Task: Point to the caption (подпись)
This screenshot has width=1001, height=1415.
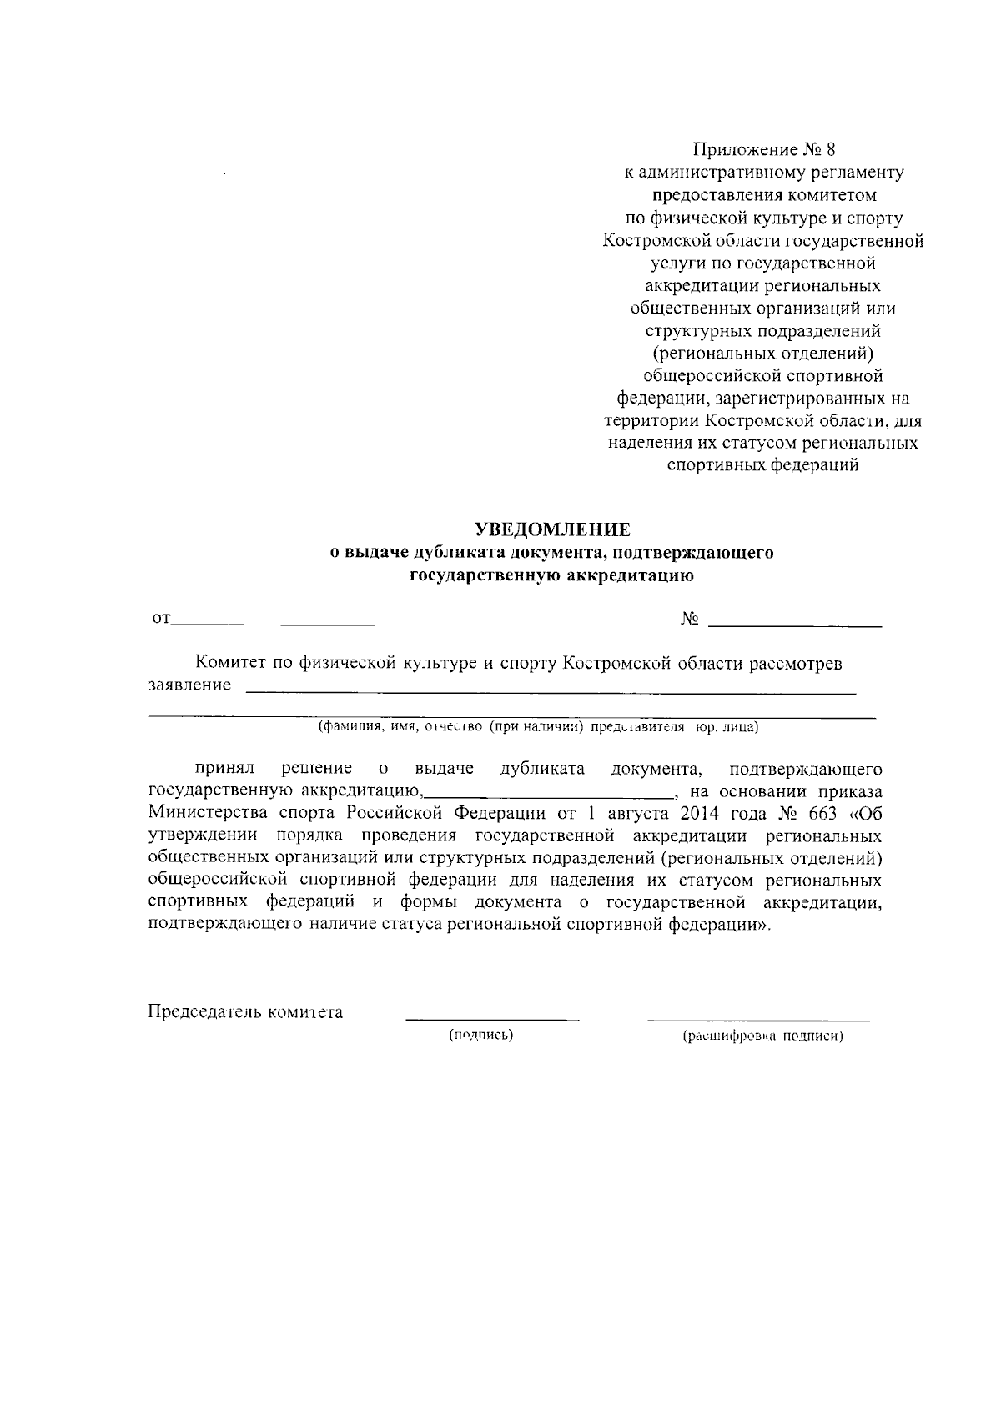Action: [x=480, y=1036]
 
